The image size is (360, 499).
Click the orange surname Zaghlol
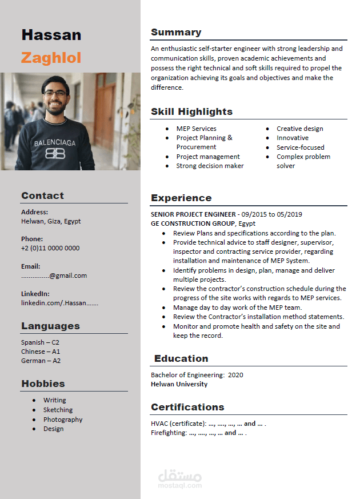click(x=51, y=58)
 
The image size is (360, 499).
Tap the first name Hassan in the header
click(x=51, y=35)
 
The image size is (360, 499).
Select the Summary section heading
click(x=176, y=33)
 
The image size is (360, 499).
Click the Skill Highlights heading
click(x=191, y=112)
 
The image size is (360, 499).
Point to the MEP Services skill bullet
click(x=196, y=129)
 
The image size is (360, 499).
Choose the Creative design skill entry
click(x=299, y=129)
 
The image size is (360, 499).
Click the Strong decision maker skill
click(x=210, y=166)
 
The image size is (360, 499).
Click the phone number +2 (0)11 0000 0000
click(x=50, y=248)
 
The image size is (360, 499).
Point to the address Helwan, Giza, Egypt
click(x=51, y=221)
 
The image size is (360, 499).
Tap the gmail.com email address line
click(x=54, y=276)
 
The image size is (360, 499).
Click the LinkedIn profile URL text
click(x=59, y=303)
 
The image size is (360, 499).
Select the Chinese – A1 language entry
click(x=41, y=352)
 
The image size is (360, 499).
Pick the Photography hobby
click(x=63, y=420)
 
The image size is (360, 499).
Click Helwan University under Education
click(x=179, y=384)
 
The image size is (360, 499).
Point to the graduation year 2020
click(x=235, y=375)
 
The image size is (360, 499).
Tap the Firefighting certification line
click(x=198, y=433)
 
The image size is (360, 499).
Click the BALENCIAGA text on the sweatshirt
click(x=54, y=143)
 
